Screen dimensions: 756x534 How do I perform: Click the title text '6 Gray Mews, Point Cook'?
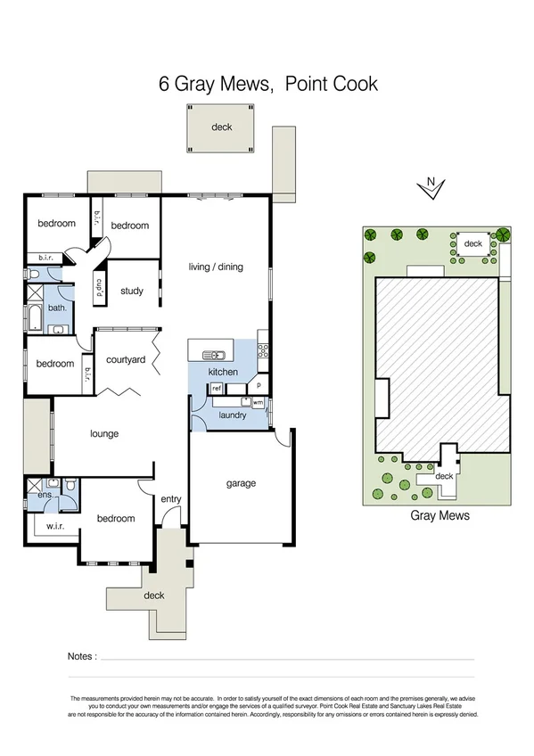coord(267,84)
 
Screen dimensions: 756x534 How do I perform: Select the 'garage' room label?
coord(241,483)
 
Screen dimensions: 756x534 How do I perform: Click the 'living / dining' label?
coord(216,267)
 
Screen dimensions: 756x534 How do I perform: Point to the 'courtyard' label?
coord(126,360)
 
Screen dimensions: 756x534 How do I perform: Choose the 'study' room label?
coord(132,291)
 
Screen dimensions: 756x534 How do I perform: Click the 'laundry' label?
coord(232,415)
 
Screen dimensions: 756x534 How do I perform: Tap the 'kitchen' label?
coord(223,371)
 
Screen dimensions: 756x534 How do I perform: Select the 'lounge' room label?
coord(104,434)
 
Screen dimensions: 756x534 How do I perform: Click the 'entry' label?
coord(170,499)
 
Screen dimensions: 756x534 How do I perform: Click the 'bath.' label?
coord(57,308)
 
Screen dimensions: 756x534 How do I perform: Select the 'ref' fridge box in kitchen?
coord(216,389)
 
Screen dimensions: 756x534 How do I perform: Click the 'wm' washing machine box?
coord(258,403)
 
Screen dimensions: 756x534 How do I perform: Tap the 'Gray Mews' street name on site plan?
coord(440,515)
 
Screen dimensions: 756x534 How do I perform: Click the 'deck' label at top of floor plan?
coord(221,127)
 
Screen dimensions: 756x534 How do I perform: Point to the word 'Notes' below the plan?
coord(81,656)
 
